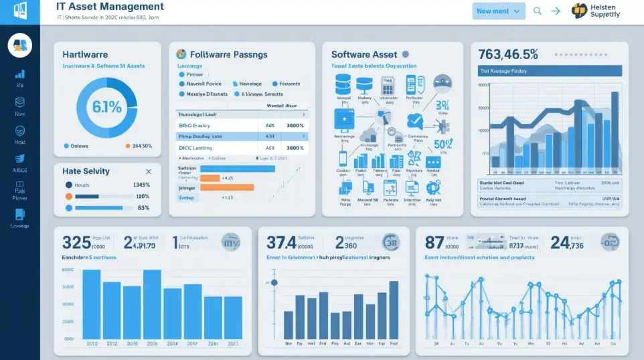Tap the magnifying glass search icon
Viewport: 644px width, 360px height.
tap(537, 11)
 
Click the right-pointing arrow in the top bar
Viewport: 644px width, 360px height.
tap(556, 11)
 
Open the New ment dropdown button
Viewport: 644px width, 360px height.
tap(498, 11)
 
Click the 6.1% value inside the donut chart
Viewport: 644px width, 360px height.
tap(107, 106)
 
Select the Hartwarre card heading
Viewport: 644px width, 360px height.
tap(85, 54)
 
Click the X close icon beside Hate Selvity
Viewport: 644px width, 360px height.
tap(148, 172)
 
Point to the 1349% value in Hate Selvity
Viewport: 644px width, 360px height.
tap(141, 185)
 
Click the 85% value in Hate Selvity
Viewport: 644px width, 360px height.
tap(143, 208)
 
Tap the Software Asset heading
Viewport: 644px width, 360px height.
tap(364, 54)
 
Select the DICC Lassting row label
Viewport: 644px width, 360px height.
tap(195, 148)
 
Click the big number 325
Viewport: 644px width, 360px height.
tap(76, 243)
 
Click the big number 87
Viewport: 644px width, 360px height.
tap(434, 243)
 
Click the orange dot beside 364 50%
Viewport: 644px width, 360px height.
tap(128, 146)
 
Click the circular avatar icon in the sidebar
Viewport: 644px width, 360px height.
tap(19, 45)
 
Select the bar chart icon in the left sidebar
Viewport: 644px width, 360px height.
tap(19, 74)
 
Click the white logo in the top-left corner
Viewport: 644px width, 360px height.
tap(20, 11)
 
